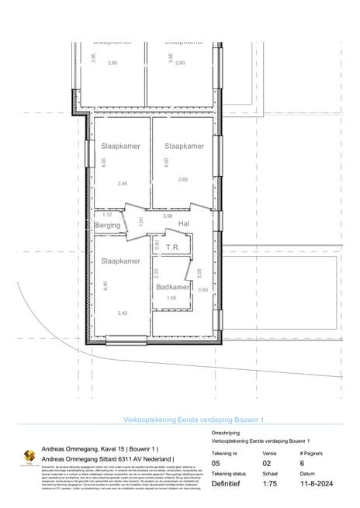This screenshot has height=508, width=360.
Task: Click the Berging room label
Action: [108, 226]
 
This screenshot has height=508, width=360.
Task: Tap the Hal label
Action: [184, 224]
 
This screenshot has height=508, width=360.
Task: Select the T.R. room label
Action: [173, 247]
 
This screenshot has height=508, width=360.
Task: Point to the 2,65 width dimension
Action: [182, 180]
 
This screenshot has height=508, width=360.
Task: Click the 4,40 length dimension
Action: [104, 285]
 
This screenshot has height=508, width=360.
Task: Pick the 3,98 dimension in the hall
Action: [168, 216]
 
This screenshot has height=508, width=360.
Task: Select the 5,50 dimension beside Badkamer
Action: [199, 272]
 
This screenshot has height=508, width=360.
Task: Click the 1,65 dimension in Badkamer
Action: [172, 298]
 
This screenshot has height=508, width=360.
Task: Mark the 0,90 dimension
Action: [203, 290]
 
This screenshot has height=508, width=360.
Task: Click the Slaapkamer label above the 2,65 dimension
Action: [184, 146]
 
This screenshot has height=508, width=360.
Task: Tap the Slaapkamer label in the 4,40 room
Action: [120, 261]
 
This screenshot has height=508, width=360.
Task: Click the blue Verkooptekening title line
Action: [194, 419]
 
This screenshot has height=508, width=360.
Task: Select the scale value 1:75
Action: [271, 482]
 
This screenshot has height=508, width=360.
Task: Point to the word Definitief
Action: [228, 482]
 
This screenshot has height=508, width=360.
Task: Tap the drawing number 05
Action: [216, 461]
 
